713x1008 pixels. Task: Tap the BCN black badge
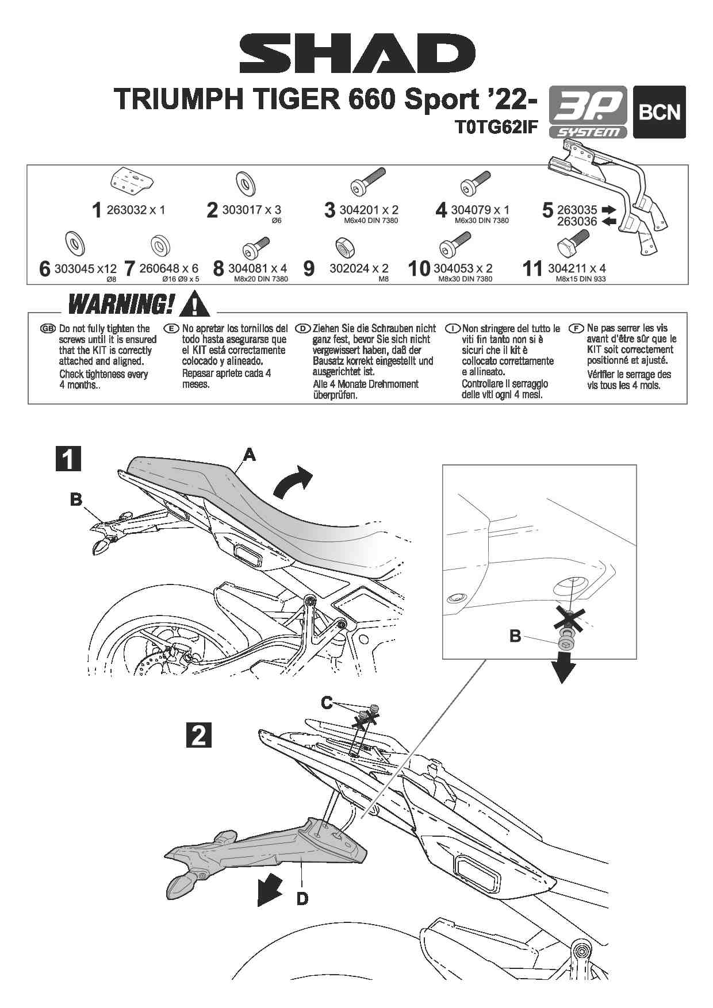click(x=659, y=112)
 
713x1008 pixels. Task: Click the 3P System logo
click(x=588, y=113)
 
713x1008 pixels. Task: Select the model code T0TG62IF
click(x=495, y=127)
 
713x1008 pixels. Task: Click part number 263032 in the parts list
click(x=126, y=210)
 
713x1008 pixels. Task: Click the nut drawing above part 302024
click(x=345, y=247)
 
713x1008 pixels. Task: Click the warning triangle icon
click(x=194, y=304)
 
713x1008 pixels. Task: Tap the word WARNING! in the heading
click(x=121, y=304)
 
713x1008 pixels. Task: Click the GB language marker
click(x=48, y=329)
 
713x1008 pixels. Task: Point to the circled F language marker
click(x=576, y=328)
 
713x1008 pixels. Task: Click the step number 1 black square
click(x=68, y=459)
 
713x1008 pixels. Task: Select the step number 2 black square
click(x=198, y=734)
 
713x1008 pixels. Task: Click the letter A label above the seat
click(x=249, y=455)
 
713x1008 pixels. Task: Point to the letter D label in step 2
click(x=302, y=898)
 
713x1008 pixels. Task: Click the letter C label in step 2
click(x=327, y=702)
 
